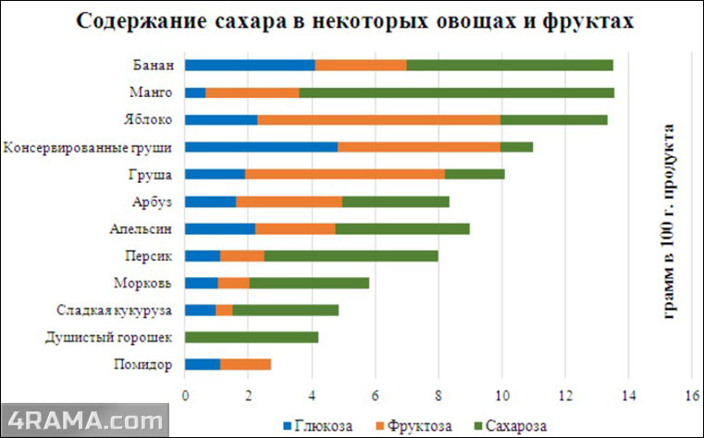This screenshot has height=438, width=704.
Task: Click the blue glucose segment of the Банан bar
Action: tap(250, 66)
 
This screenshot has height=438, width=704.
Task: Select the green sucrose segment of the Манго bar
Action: tap(456, 92)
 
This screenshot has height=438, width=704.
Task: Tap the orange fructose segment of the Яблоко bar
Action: tap(379, 119)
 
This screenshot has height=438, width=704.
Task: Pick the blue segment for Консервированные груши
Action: tap(261, 147)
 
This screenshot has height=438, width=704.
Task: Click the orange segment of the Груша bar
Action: tap(344, 174)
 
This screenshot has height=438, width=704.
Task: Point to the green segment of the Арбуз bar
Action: tap(395, 201)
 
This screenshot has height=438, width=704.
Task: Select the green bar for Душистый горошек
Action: tap(252, 337)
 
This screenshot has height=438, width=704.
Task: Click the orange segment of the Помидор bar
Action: tap(245, 364)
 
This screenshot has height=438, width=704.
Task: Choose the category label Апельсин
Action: tap(146, 228)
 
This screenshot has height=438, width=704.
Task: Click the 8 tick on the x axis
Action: tap(438, 395)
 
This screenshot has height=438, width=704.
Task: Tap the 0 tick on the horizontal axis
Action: tap(185, 395)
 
